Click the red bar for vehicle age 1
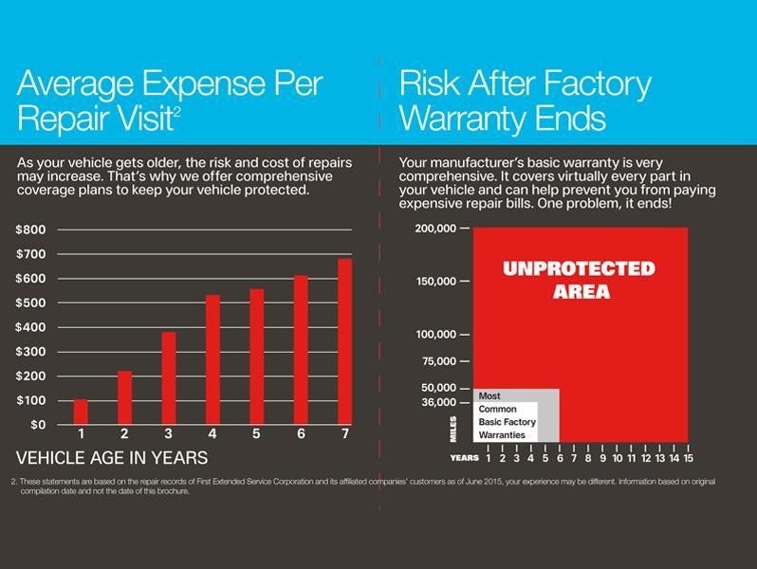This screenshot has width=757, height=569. pos(81,413)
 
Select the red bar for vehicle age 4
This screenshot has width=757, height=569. pos(212,360)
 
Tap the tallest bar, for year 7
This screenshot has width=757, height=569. pos(344,341)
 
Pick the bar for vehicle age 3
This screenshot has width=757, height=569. pos(169,378)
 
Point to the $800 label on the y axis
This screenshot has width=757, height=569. pos(30,229)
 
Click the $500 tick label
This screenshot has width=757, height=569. pos(30,303)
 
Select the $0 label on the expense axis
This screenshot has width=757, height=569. pos(34,424)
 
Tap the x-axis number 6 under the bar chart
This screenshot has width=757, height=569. pos(301,434)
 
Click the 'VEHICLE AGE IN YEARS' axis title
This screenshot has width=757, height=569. pos(112,458)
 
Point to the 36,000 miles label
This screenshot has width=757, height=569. pos(439,402)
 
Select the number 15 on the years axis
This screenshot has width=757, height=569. pos(687,458)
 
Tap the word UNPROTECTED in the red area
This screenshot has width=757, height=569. pos(579,268)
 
